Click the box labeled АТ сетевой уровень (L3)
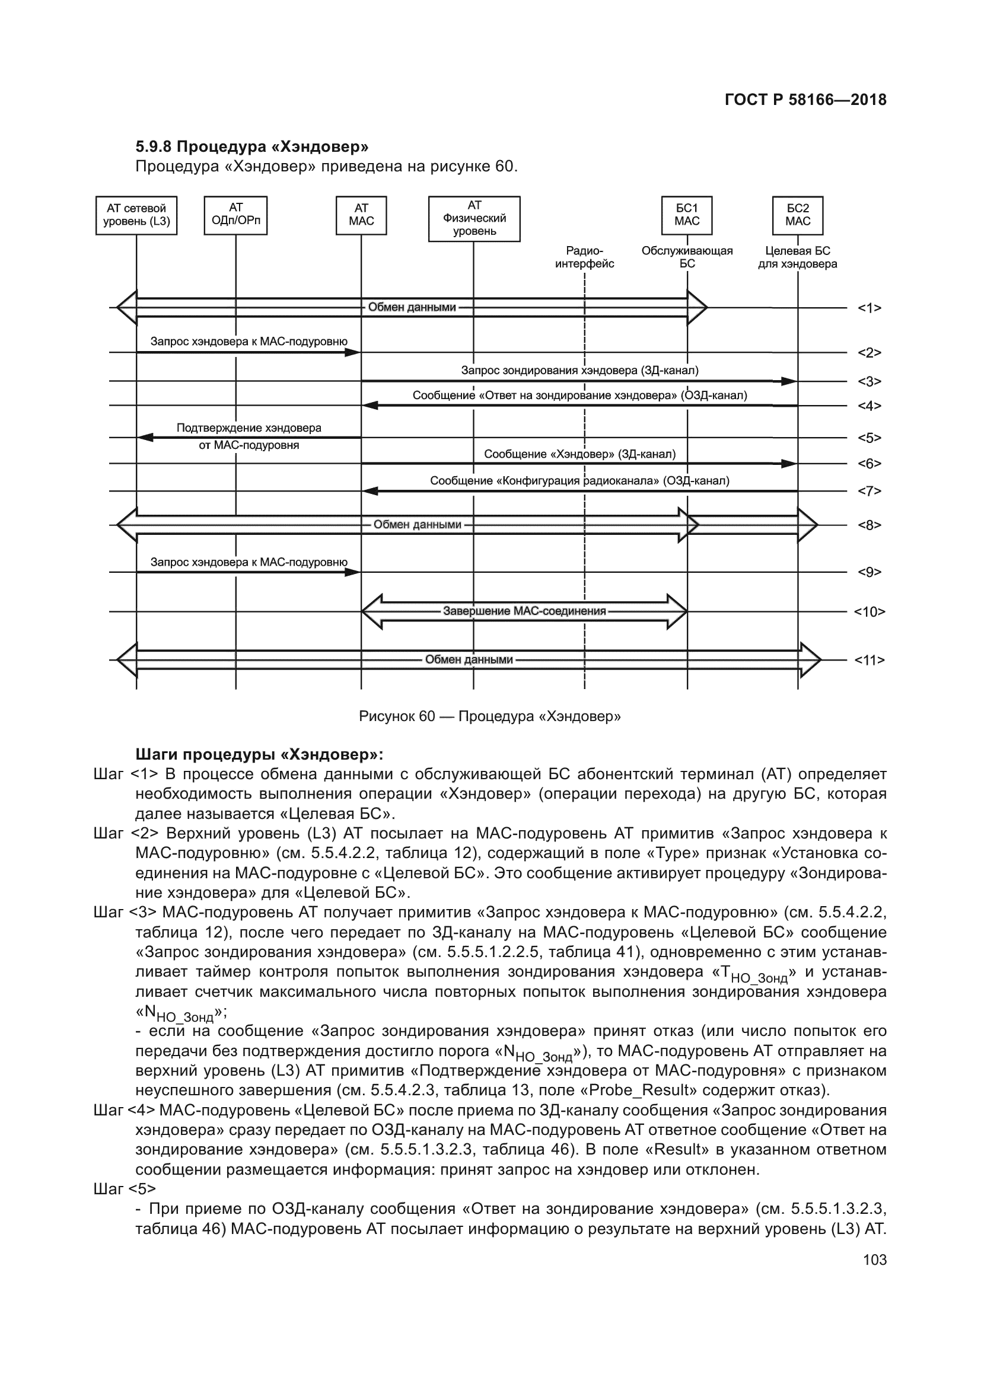(136, 215)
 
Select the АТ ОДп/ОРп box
(235, 215)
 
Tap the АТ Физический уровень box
(474, 219)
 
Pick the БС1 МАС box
(687, 215)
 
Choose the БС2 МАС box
(797, 215)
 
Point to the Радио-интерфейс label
(584, 257)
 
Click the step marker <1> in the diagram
(869, 308)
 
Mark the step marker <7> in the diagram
(869, 491)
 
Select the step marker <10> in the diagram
(869, 612)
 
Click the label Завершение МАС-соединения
(524, 611)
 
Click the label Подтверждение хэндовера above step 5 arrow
(249, 428)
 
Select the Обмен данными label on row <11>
(469, 659)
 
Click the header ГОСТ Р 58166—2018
(805, 100)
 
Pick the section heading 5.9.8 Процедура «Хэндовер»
(252, 147)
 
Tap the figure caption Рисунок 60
(489, 716)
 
